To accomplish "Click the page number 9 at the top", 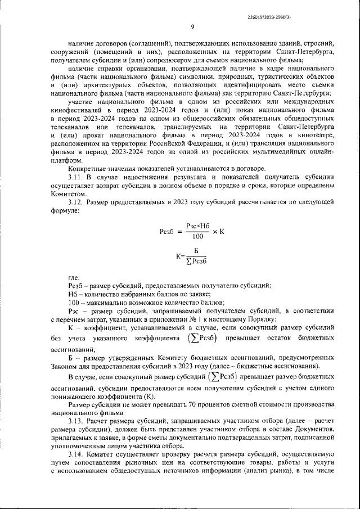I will [192, 26].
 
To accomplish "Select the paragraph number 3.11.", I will [76, 177].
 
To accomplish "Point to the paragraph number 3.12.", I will [76, 201].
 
